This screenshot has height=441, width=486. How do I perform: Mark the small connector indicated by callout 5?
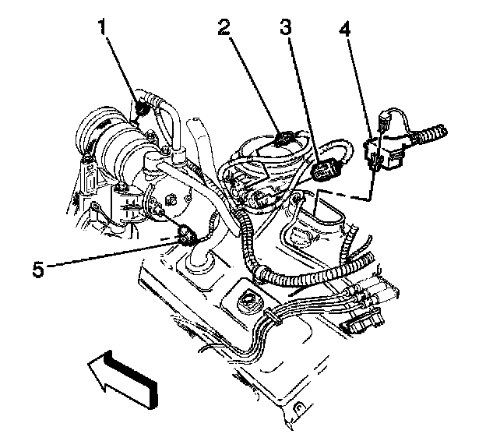(x=187, y=234)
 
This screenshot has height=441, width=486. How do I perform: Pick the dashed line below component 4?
(x=347, y=194)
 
